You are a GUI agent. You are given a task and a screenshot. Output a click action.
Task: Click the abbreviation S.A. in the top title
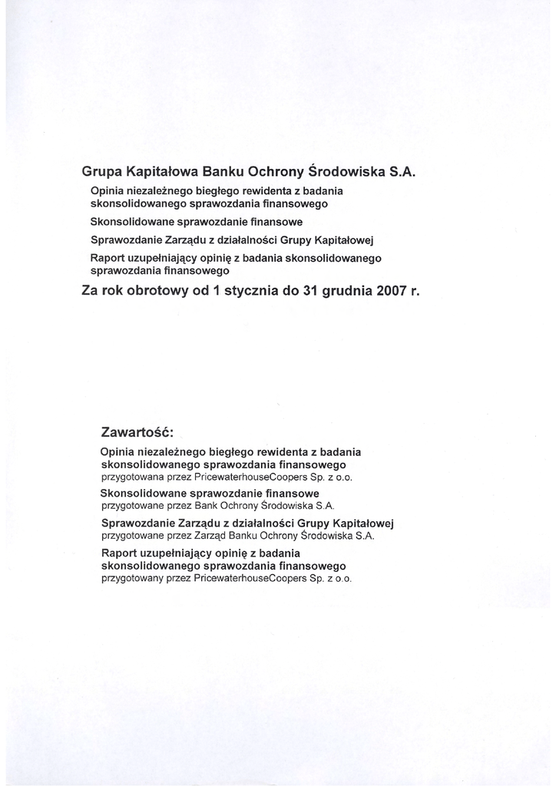pyautogui.click(x=403, y=172)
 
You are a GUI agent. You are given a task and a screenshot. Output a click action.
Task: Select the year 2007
pyautogui.click(x=391, y=292)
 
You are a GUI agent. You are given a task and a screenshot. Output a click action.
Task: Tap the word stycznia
pyautogui.click(x=261, y=292)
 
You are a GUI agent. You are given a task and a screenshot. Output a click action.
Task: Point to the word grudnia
pyautogui.click(x=343, y=292)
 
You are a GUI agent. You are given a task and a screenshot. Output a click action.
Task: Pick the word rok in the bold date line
pyautogui.click(x=112, y=292)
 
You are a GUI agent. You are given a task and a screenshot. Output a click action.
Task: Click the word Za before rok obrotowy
pyautogui.click(x=89, y=292)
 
